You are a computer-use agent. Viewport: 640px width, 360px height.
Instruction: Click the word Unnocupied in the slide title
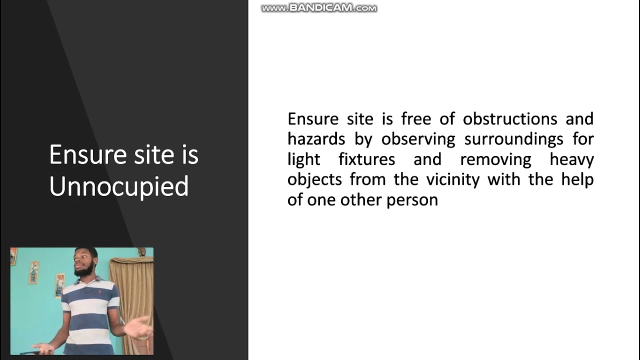click(119, 186)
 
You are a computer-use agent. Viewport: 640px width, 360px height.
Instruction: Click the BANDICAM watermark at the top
click(319, 8)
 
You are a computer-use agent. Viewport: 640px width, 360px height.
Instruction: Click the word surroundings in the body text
click(513, 139)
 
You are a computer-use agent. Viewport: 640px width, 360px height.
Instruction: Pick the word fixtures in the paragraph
click(366, 159)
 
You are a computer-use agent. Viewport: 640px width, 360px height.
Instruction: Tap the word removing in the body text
click(495, 159)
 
